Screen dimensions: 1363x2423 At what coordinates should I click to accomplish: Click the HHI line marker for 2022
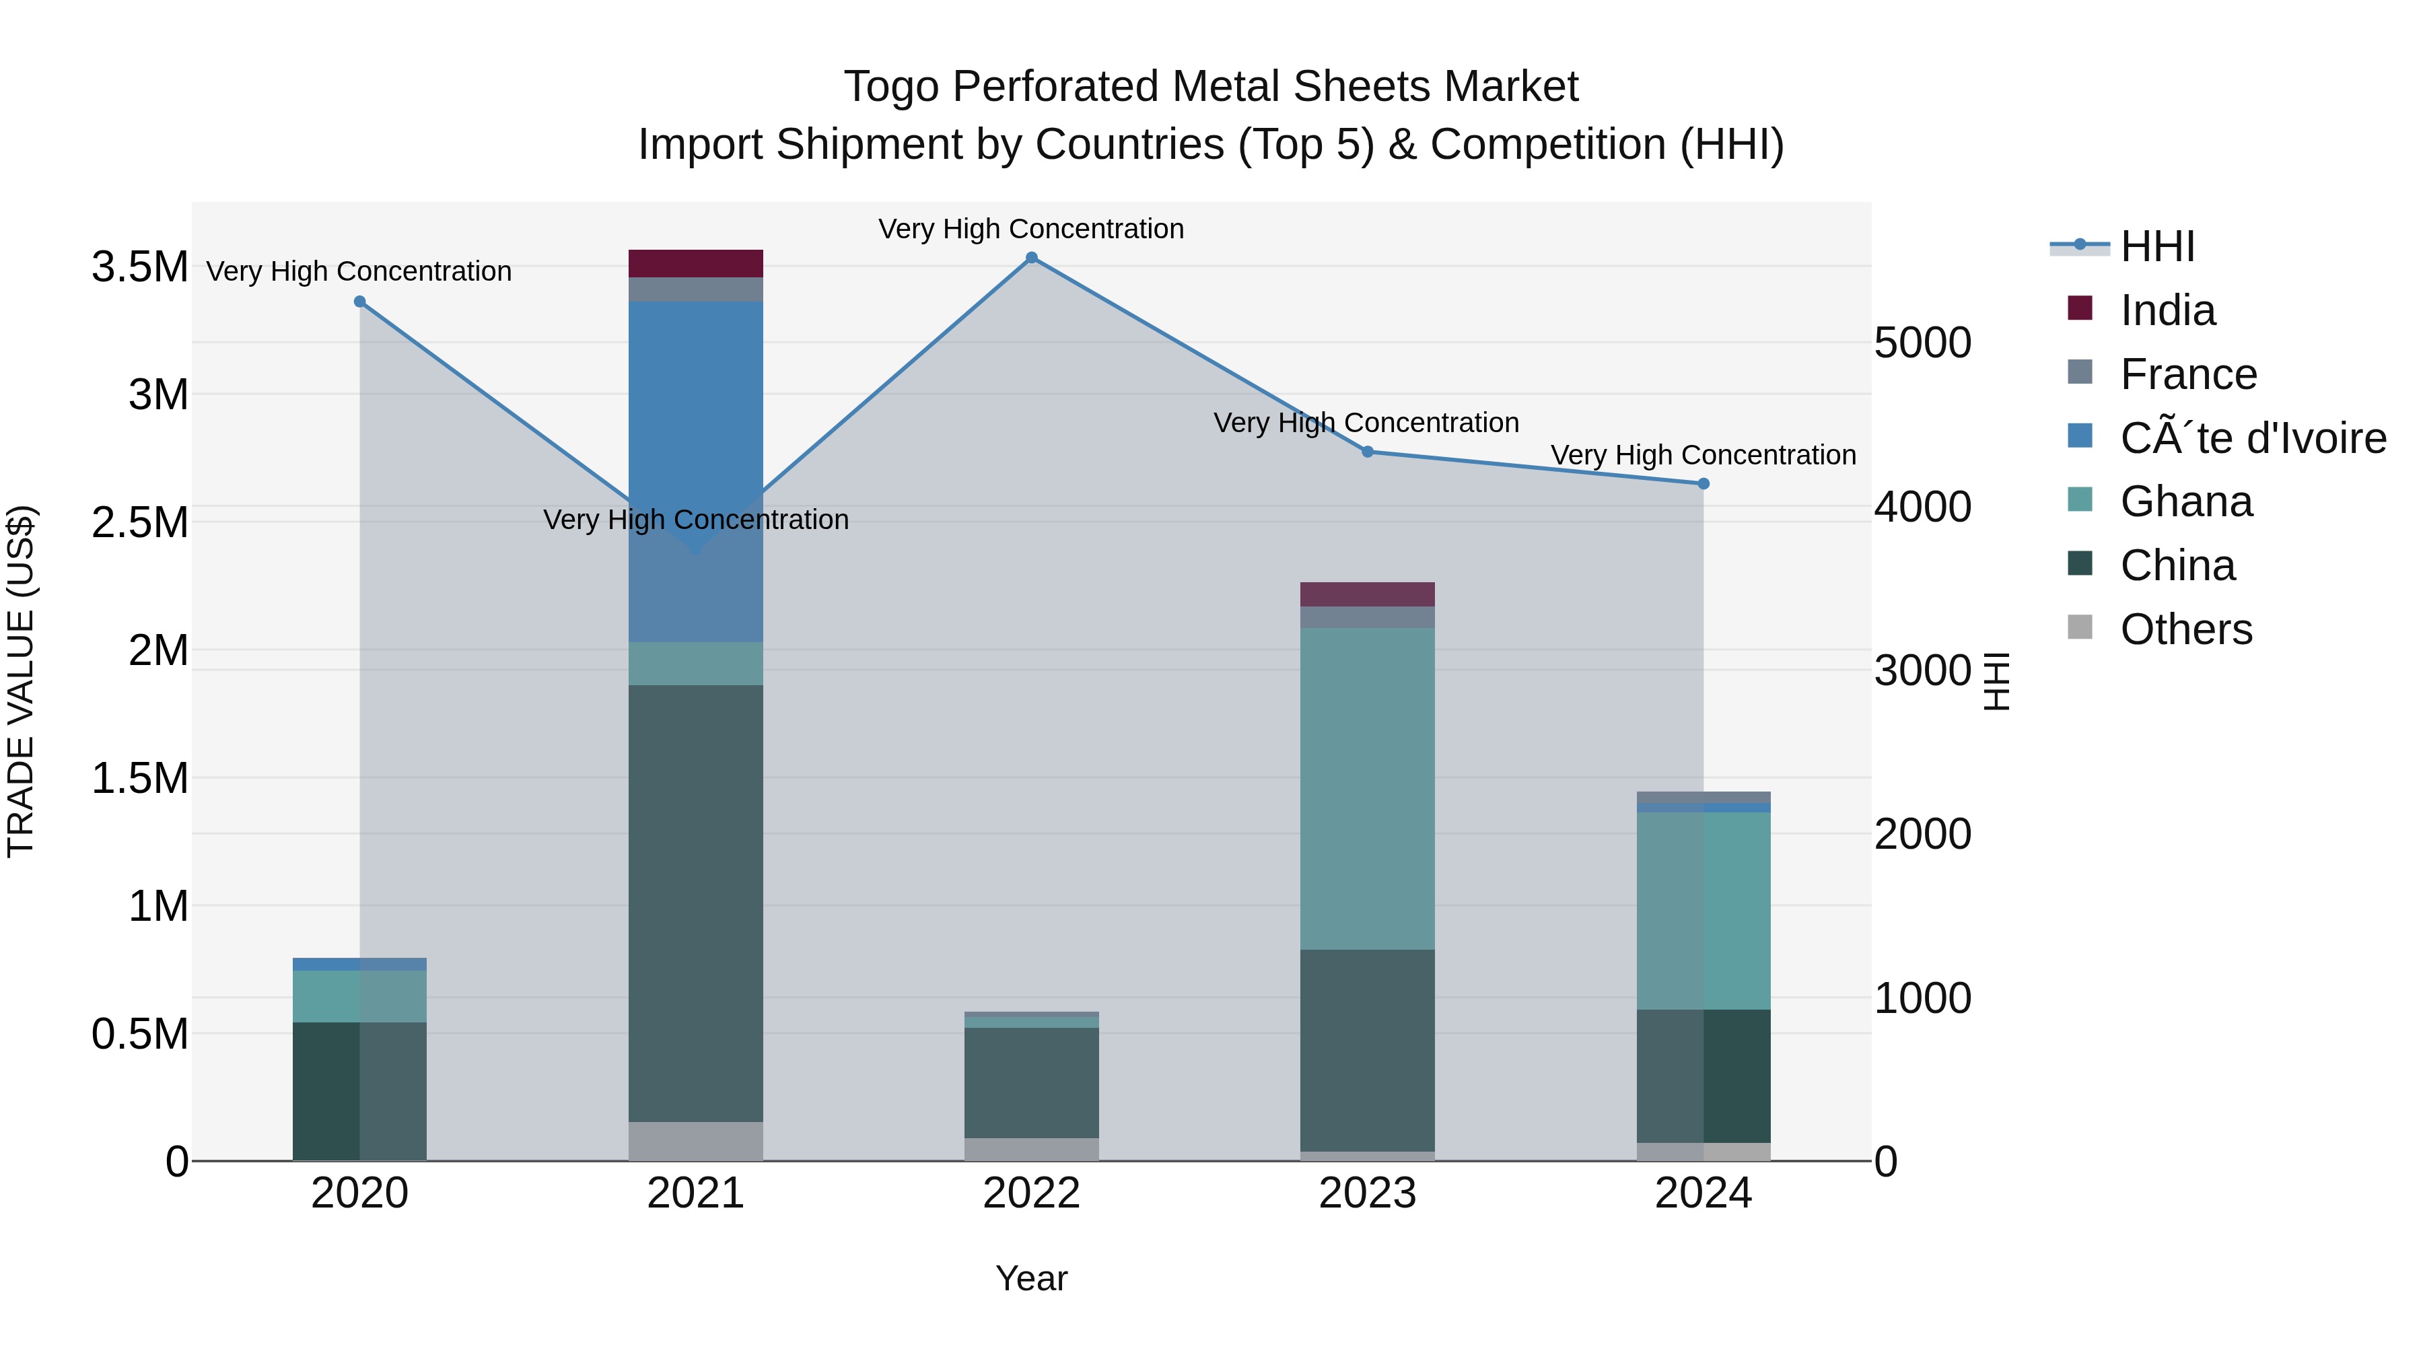click(x=1031, y=258)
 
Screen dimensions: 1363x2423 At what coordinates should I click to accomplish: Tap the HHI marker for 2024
click(x=1703, y=483)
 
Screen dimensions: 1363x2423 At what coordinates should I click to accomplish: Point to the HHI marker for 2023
click(x=1368, y=452)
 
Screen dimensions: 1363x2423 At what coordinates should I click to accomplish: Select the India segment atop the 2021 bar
click(x=695, y=263)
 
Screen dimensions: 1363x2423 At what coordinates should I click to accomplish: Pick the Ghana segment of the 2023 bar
click(x=1368, y=788)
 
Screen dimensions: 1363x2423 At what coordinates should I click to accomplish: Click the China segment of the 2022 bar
click(x=1031, y=1082)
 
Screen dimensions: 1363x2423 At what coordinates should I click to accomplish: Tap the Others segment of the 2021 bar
click(x=695, y=1141)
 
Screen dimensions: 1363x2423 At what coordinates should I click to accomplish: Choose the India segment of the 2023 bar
click(x=1368, y=594)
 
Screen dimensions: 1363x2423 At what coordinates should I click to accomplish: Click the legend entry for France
click(x=2188, y=374)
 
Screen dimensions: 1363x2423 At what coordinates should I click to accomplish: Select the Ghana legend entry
click(x=2186, y=501)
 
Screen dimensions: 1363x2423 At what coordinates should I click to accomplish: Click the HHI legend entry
click(x=2158, y=246)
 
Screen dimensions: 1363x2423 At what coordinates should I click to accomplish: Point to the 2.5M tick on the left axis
click(x=139, y=523)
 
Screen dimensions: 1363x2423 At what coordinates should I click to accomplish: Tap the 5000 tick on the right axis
click(x=1923, y=343)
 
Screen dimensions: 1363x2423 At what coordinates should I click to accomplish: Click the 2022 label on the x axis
click(x=1031, y=1193)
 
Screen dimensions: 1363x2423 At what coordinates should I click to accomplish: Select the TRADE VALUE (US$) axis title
click(x=21, y=681)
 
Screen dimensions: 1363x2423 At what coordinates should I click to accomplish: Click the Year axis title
click(x=1031, y=1278)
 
